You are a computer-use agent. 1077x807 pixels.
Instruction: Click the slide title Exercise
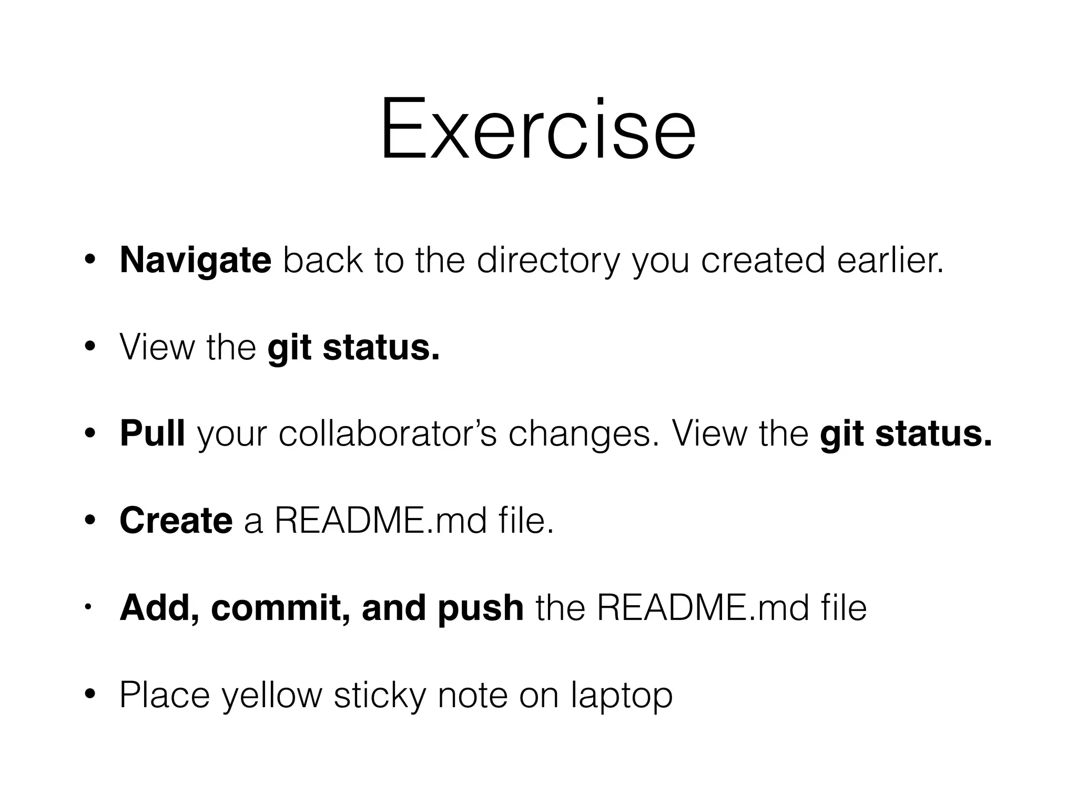click(538, 129)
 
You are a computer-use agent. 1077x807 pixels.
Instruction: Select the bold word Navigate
click(195, 260)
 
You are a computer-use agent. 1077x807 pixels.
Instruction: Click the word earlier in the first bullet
click(890, 260)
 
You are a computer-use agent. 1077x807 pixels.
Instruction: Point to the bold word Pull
click(152, 434)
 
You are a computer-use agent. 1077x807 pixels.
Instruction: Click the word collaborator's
click(387, 434)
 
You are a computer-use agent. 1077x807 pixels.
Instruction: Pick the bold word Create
click(176, 521)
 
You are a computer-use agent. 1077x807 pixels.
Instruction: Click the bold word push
click(480, 608)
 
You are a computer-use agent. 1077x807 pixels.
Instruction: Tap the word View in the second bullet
click(157, 347)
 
